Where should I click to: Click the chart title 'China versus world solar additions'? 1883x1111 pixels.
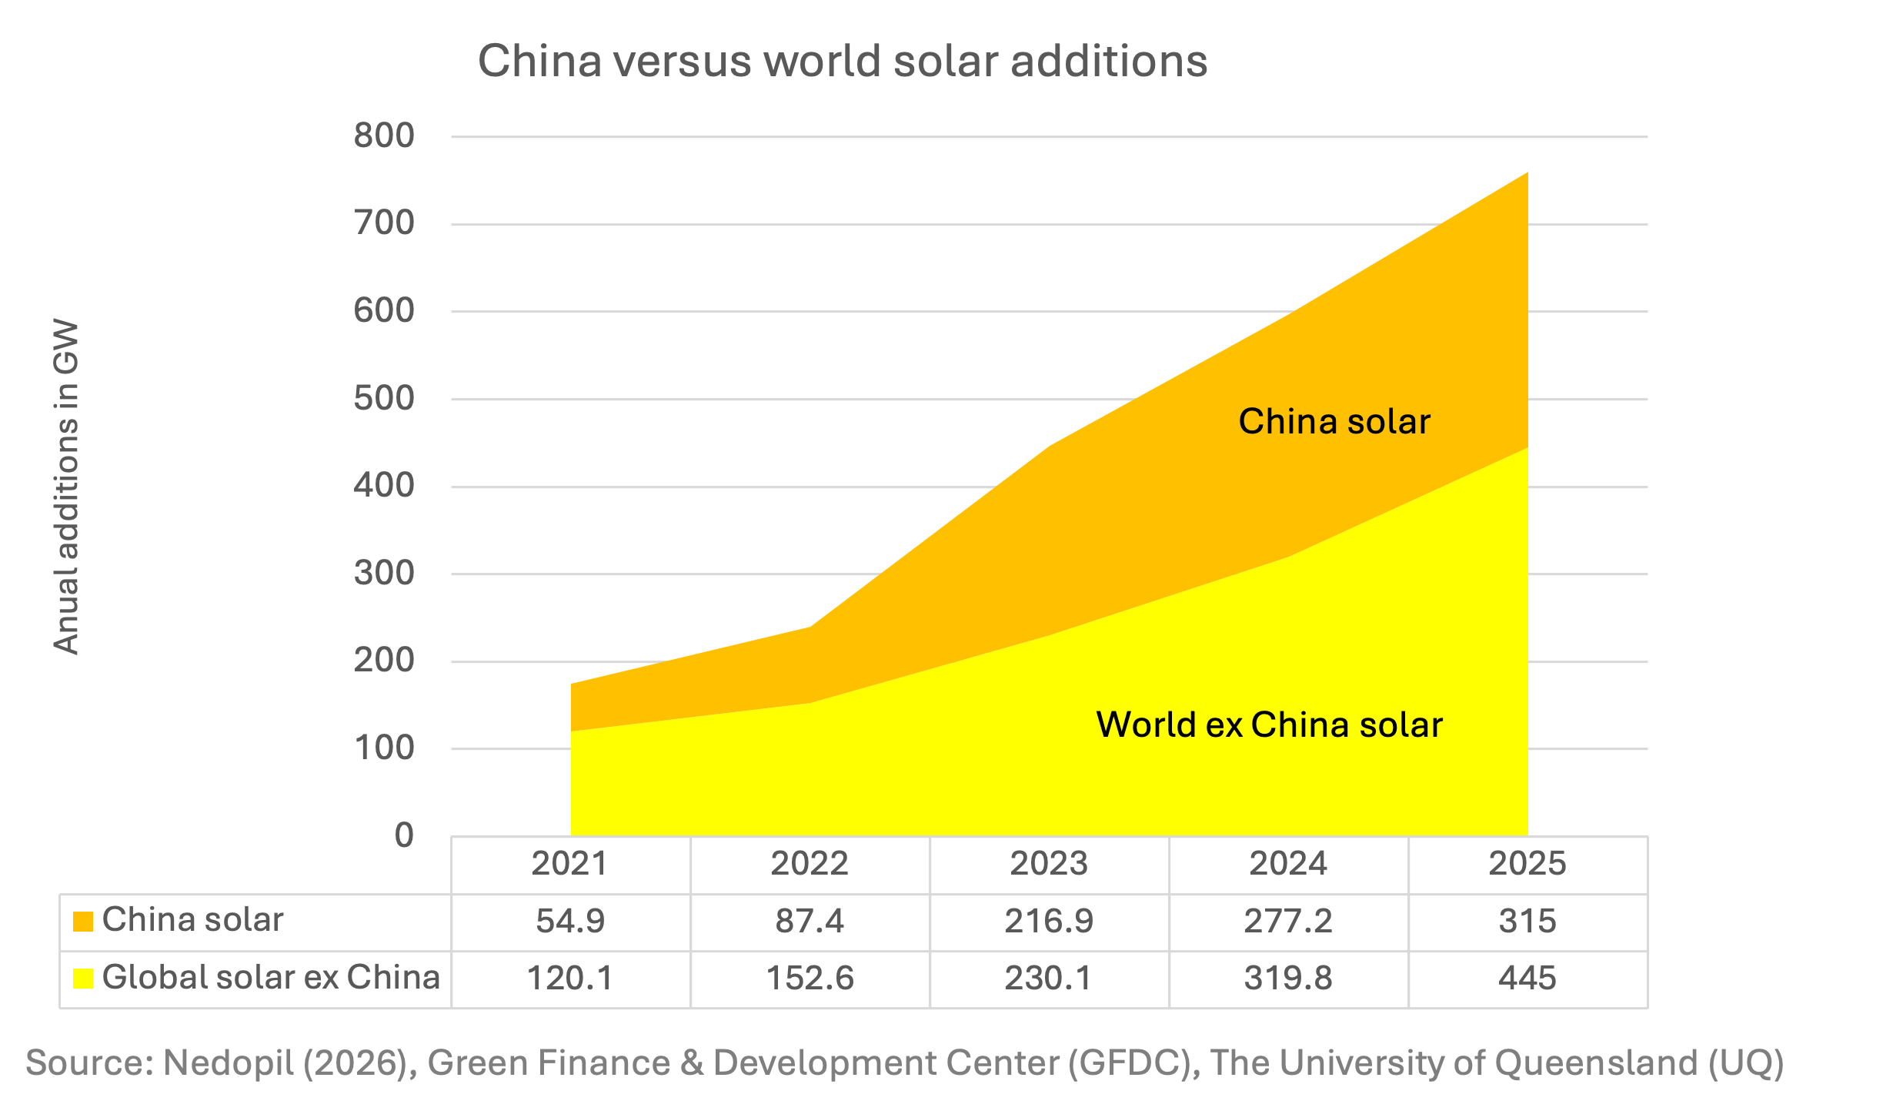843,61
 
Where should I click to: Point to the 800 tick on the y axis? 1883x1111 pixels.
384,136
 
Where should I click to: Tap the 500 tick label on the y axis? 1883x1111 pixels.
384,399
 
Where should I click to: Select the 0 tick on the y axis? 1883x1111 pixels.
404,835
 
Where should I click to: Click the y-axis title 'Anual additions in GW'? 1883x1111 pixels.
66,487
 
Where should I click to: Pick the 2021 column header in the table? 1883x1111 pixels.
569,864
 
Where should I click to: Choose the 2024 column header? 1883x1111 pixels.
1288,864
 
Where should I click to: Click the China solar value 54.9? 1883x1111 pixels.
570,922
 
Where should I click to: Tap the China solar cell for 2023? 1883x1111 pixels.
1049,922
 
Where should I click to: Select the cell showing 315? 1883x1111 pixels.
1527,922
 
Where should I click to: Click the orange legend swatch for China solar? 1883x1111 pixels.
83,922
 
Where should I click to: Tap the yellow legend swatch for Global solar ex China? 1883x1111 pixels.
83,979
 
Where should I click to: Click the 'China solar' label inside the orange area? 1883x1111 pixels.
1334,422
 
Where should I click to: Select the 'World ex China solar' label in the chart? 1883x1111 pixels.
1269,725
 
